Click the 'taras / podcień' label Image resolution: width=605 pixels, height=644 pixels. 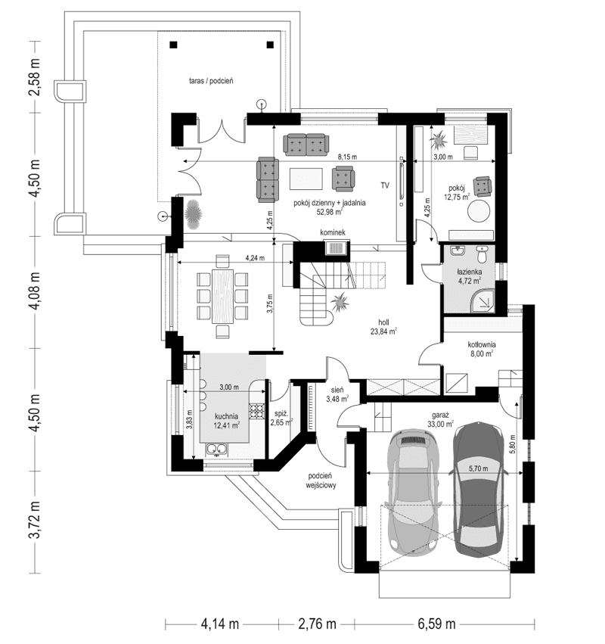point(216,79)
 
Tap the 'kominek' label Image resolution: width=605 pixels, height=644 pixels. point(332,232)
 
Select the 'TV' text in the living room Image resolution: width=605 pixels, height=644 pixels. point(385,185)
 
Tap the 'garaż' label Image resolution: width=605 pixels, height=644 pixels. point(442,415)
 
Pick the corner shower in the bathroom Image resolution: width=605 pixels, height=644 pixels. point(484,300)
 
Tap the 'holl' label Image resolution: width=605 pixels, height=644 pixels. point(383,321)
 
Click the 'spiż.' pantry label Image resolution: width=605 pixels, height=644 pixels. point(281,414)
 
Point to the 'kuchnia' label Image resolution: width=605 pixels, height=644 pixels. point(226,415)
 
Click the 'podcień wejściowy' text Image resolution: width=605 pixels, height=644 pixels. point(321,481)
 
